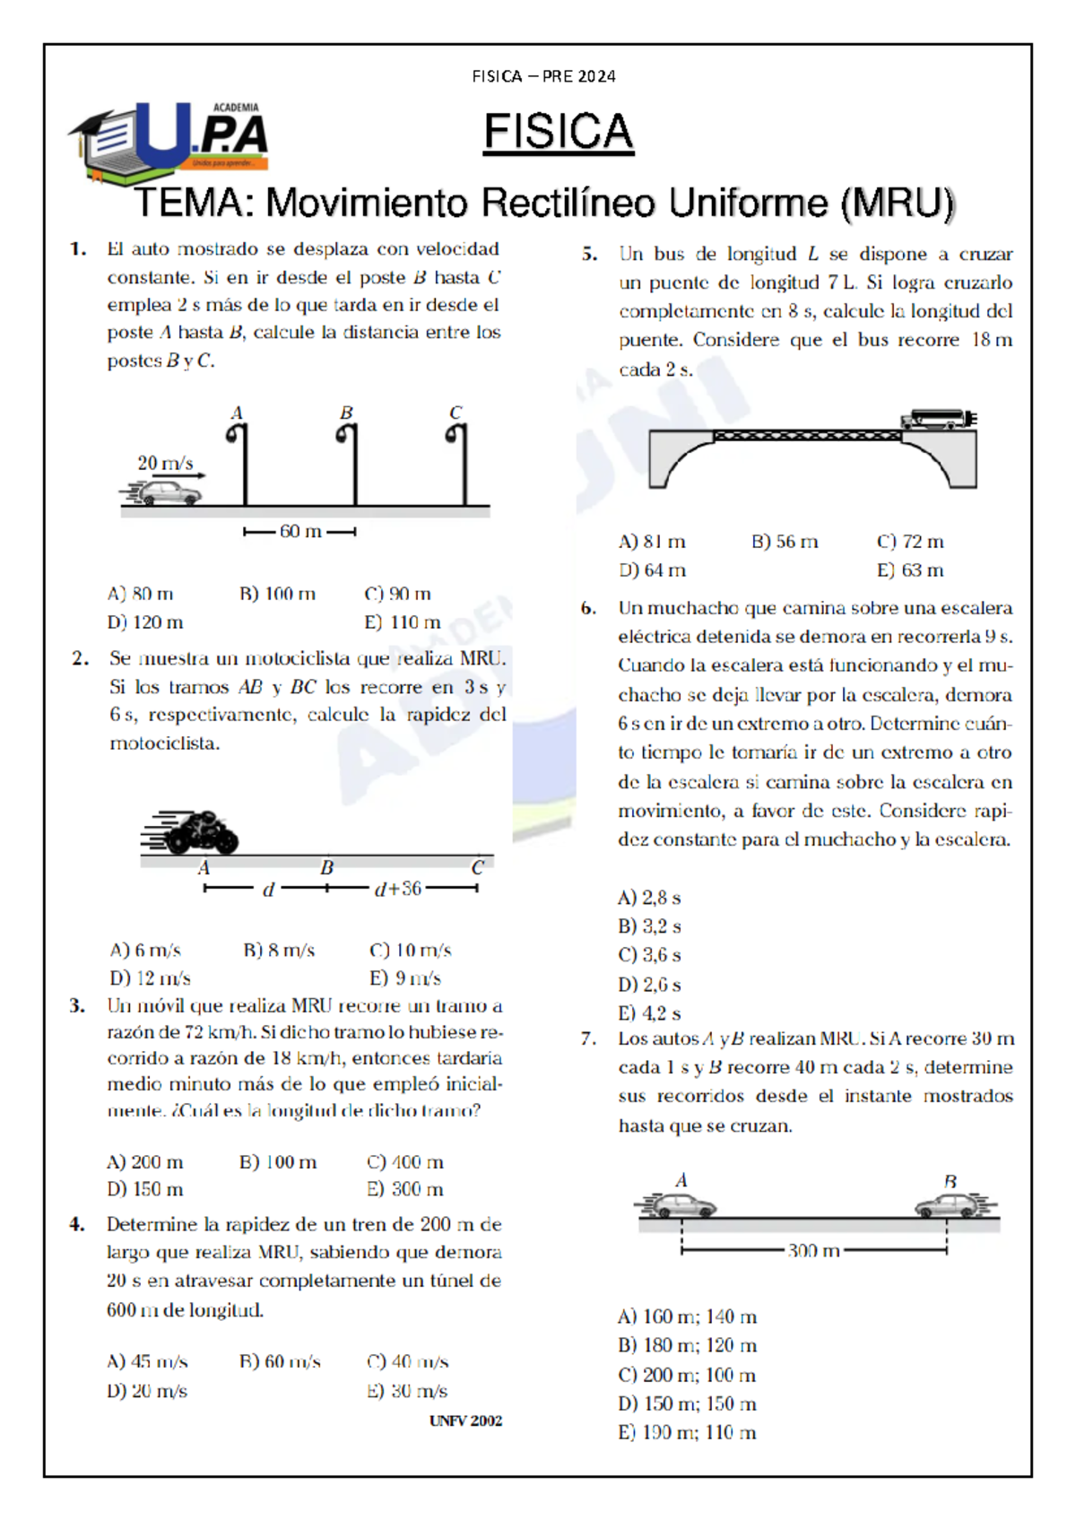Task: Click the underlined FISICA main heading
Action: tap(558, 132)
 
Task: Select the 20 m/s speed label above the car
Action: tap(165, 463)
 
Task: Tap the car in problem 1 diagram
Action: tap(167, 493)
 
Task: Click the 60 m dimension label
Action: tap(300, 532)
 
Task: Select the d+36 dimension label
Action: tap(398, 889)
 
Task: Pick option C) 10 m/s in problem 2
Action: tap(410, 951)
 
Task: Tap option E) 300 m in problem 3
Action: tap(405, 1189)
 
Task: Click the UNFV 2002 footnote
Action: tap(465, 1421)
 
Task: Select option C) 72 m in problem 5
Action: tap(910, 542)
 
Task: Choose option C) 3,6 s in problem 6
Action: tap(649, 955)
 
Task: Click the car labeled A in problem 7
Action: tap(679, 1206)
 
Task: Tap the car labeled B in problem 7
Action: tap(950, 1206)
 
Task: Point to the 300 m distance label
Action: tap(813, 1250)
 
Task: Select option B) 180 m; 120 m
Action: tap(687, 1345)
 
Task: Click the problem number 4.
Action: tap(78, 1224)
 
